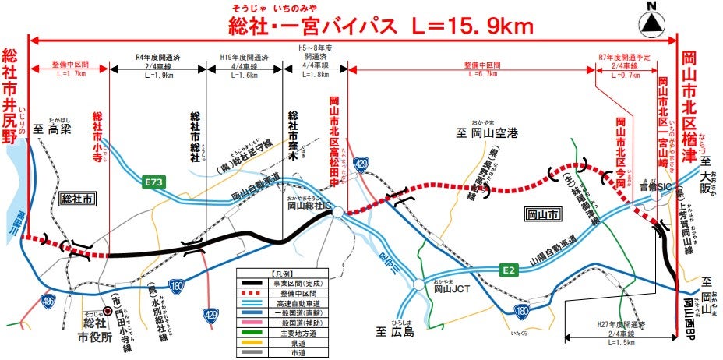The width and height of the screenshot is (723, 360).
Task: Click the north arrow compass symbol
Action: [x=653, y=22]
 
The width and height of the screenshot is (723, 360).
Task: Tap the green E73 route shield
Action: [x=155, y=182]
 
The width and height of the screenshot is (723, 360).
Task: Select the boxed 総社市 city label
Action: [x=78, y=199]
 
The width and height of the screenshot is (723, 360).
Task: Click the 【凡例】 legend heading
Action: [x=280, y=275]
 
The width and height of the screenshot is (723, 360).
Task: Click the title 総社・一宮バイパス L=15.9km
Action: [x=381, y=27]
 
